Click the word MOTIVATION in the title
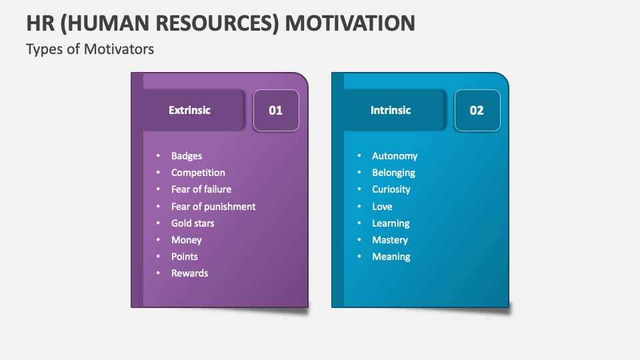point(349,23)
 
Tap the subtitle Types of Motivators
point(90,49)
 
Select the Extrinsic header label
point(189,110)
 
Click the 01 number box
point(276,110)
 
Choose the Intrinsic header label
point(391,110)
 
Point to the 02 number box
point(477,110)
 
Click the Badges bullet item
point(187,156)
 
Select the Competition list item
point(198,173)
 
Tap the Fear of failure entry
point(201,189)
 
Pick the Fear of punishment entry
point(213,207)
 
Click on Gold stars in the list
point(193,223)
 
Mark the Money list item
point(187,240)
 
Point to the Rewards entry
point(190,273)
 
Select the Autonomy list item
point(395,156)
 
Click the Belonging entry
point(393,173)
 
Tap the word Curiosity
point(391,189)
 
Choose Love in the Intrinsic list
point(382,207)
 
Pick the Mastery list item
point(390,240)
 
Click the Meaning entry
point(391,257)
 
